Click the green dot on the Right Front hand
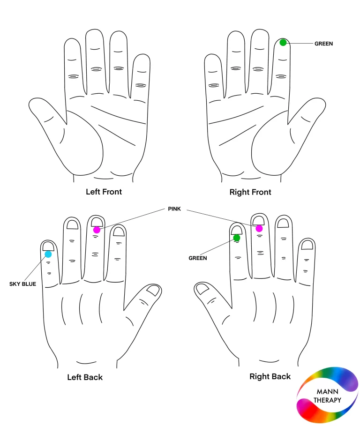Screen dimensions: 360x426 [x=283, y=42]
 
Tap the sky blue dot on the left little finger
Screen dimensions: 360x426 [x=48, y=254]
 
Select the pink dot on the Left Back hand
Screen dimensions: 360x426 [x=97, y=230]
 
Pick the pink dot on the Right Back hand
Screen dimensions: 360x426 [x=259, y=229]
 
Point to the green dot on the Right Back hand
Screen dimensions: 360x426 [x=237, y=238]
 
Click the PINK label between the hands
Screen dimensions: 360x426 [x=174, y=209]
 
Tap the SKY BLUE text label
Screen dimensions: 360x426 [x=22, y=284]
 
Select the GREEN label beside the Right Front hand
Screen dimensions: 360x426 [x=323, y=44]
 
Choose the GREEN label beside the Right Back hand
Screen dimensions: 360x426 [x=198, y=258]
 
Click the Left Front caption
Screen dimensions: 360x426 [x=104, y=192]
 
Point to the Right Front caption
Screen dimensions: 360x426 [x=250, y=192]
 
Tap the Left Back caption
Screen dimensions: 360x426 [x=85, y=377]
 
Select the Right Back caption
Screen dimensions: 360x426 [x=270, y=376]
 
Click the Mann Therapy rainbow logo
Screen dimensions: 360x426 [x=327, y=395]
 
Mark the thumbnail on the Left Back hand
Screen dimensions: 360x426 [x=153, y=290]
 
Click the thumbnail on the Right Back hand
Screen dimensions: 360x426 [x=202, y=289]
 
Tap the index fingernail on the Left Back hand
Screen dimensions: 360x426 [x=119, y=232]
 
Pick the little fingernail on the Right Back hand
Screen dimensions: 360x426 [x=307, y=245]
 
